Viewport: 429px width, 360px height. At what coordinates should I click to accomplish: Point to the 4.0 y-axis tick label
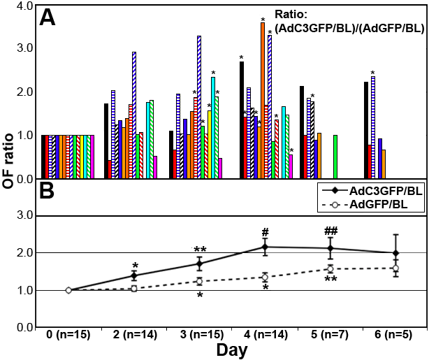click(x=24, y=6)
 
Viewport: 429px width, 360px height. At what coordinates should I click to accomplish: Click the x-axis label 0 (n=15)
click(x=68, y=334)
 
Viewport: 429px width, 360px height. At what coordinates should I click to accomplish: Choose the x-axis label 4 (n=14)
click(x=265, y=334)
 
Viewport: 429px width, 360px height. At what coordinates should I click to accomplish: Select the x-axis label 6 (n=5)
click(x=395, y=334)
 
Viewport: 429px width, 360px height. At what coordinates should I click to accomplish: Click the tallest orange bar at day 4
click(x=263, y=101)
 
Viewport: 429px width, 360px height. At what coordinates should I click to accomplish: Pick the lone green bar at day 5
click(x=336, y=157)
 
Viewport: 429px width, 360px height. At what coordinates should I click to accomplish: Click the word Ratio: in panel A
click(x=291, y=13)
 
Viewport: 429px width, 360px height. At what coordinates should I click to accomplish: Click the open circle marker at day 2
click(x=133, y=288)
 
